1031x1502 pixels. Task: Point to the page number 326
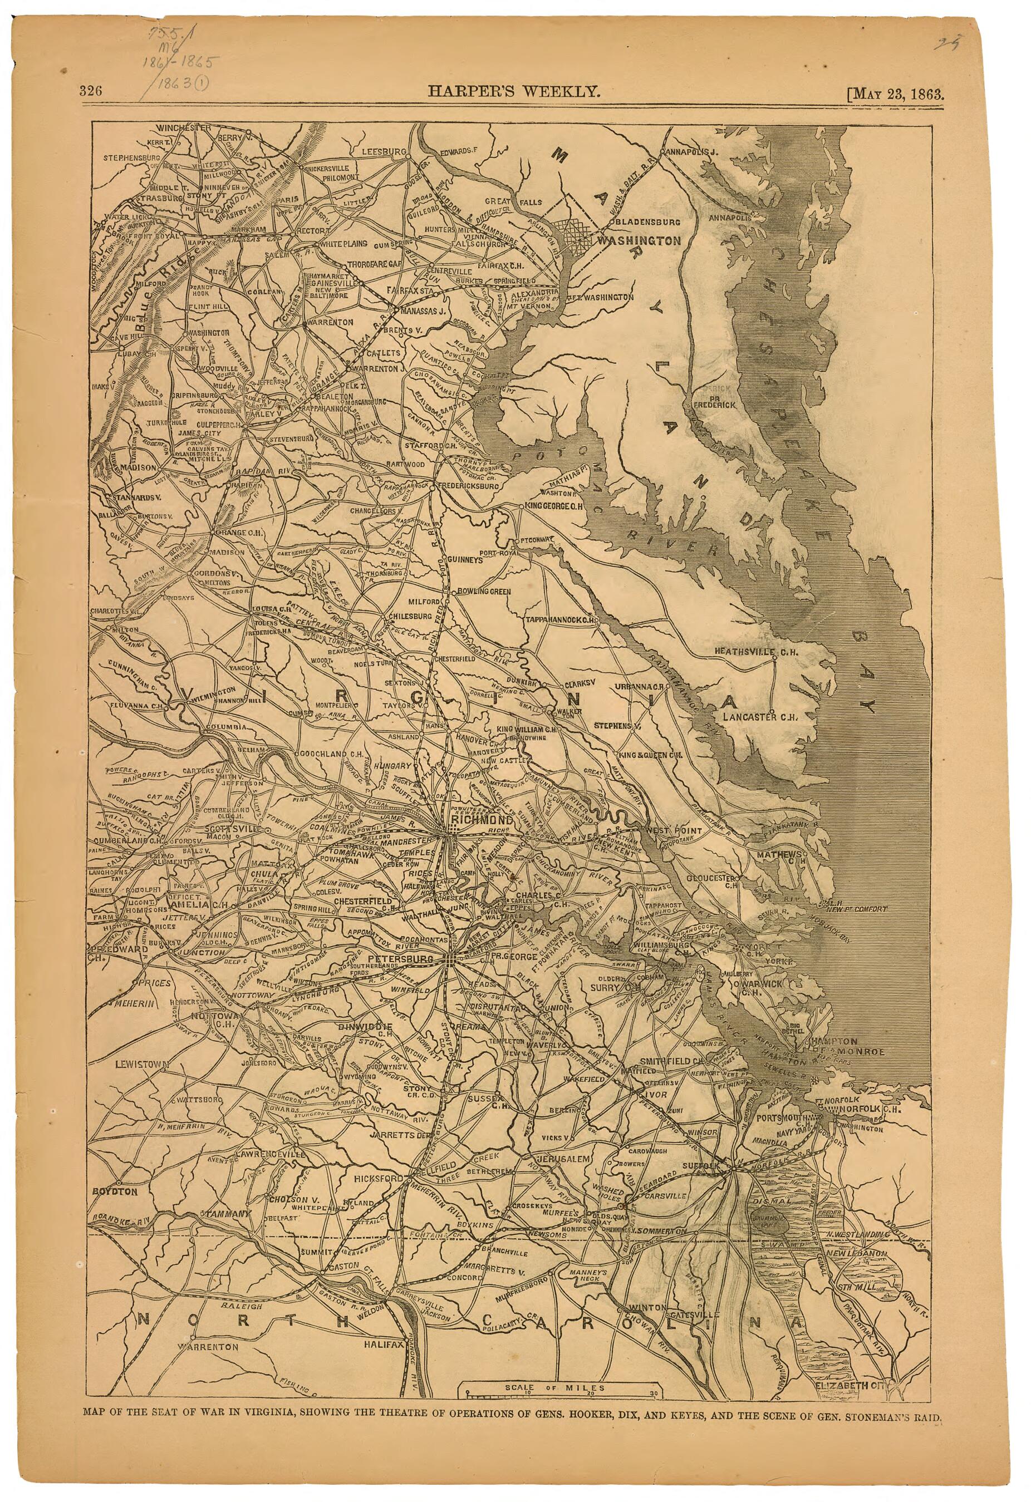pyautogui.click(x=91, y=91)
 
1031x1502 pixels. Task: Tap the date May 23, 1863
pyautogui.click(x=900, y=91)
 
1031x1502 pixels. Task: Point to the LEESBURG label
pyautogui.click(x=382, y=151)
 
